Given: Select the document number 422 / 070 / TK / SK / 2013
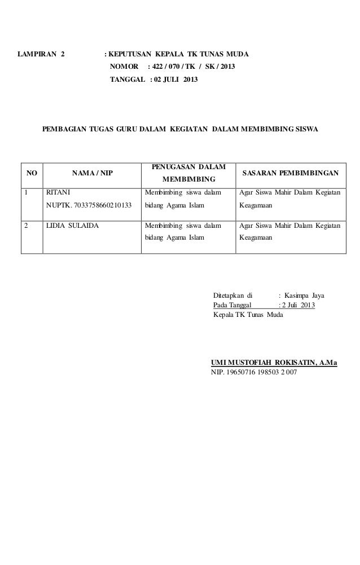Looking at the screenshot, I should point(191,68).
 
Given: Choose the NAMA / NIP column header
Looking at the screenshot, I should point(91,174).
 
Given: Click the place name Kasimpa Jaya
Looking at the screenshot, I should point(308,295).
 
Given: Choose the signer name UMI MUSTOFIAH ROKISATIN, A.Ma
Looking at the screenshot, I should point(274,363).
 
